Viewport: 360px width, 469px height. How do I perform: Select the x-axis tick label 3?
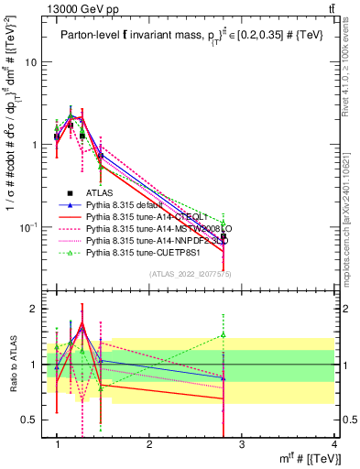[241, 444]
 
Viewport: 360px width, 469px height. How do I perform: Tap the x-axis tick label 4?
[333, 444]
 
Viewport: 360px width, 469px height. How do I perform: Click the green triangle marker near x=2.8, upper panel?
[224, 223]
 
